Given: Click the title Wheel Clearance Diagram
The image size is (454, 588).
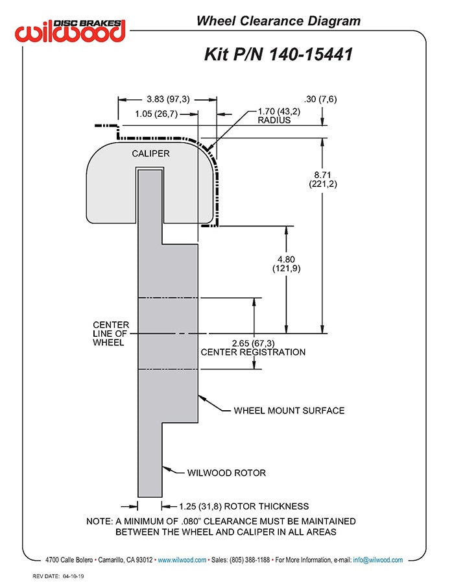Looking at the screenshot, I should click(278, 21).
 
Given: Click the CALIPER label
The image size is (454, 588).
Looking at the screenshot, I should click(150, 154).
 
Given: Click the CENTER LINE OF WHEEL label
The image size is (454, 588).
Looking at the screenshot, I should click(111, 333).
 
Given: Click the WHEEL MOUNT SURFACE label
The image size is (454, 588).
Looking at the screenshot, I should click(289, 410).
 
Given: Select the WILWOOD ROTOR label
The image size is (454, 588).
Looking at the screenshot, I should click(226, 472).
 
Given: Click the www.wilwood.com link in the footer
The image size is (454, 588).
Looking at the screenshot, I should click(182, 559).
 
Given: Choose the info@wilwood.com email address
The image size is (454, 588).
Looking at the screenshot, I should click(378, 559).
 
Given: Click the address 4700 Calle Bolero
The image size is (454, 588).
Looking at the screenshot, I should click(70, 559).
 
